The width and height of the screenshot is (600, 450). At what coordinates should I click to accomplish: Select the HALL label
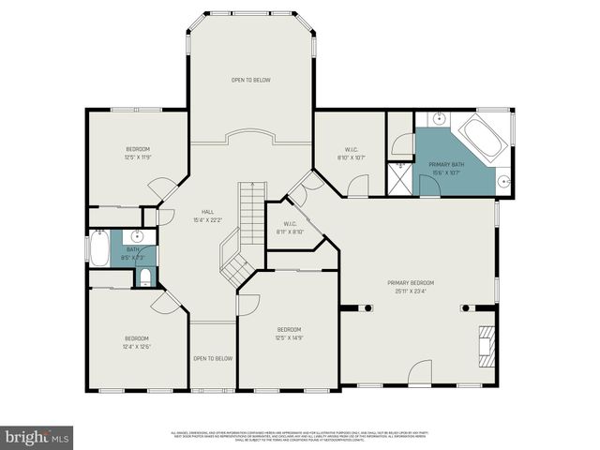pyautogui.click(x=208, y=212)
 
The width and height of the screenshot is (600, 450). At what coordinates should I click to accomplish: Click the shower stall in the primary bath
pyautogui.click(x=400, y=178)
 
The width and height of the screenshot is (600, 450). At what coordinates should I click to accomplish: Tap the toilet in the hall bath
pyautogui.click(x=144, y=276)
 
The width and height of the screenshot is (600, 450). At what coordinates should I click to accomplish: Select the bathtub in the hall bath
pyautogui.click(x=98, y=248)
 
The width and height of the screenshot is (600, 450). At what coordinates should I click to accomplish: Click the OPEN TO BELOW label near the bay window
pyautogui.click(x=251, y=81)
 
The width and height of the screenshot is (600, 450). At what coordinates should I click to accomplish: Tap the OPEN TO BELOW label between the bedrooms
pyautogui.click(x=213, y=358)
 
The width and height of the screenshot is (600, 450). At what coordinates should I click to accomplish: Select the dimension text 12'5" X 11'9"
pyautogui.click(x=139, y=157)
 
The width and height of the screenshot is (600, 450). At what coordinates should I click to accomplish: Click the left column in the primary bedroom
pyautogui.click(x=357, y=307)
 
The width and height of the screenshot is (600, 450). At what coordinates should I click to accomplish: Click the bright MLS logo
pyautogui.click(x=37, y=437)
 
